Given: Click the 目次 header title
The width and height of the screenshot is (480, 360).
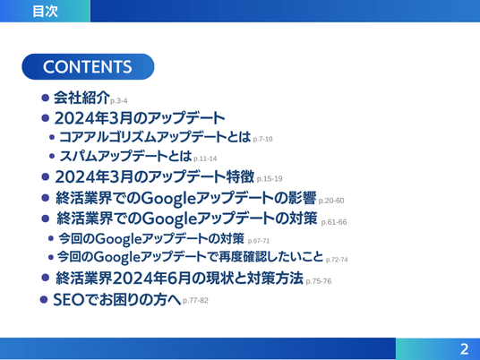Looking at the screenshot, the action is [46, 12].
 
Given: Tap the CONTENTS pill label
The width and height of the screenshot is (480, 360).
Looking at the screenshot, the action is [88, 67].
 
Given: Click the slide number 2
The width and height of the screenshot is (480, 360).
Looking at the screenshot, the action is [464, 349].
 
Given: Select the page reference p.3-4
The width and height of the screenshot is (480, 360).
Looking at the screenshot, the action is [119, 100].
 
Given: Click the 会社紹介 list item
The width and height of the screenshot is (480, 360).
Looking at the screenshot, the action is [81, 98].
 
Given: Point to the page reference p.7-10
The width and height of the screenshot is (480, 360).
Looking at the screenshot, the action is [262, 139].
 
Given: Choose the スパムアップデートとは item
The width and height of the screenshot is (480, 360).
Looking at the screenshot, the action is [125, 156].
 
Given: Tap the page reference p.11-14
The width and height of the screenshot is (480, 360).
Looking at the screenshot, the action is [205, 159].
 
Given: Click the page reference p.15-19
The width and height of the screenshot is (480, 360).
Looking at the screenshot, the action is [270, 178].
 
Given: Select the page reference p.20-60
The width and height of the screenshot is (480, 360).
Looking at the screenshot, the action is [331, 201].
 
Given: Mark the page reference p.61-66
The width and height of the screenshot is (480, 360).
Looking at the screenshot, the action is [334, 222].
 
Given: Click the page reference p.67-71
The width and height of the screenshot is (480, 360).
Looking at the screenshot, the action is [259, 241].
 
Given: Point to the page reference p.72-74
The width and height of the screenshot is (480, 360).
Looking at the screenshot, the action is [337, 260].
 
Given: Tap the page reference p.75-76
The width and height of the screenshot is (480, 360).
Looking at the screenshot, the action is [319, 281].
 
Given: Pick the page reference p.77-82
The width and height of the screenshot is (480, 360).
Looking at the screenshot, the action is [195, 300].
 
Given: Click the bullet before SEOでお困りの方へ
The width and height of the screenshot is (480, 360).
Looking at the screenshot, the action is [44, 299].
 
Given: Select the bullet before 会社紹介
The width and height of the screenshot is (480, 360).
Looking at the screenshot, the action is [45, 98].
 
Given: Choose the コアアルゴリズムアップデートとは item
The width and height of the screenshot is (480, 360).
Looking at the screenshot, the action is [155, 137].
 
